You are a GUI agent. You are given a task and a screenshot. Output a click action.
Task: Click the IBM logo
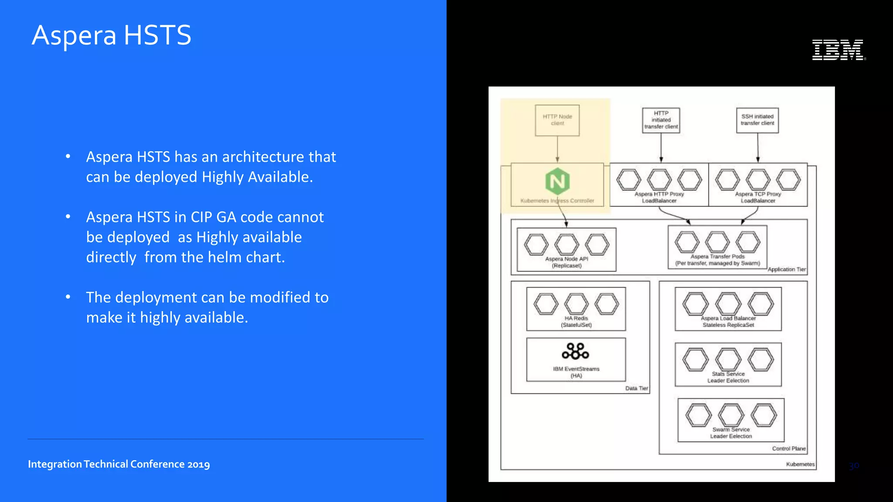point(838,50)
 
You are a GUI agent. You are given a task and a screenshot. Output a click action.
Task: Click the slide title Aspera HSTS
point(112,35)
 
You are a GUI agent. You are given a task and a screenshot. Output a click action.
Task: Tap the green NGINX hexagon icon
point(557,181)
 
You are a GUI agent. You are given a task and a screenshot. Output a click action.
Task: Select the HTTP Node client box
point(557,120)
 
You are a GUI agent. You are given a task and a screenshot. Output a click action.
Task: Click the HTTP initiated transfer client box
point(661,120)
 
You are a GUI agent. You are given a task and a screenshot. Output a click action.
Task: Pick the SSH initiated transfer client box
point(757,120)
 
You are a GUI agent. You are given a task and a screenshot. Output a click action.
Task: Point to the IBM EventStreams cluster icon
point(576,351)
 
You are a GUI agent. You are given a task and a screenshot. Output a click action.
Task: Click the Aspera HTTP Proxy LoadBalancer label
point(659,197)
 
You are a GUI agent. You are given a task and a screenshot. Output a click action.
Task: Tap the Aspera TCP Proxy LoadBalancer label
point(758,197)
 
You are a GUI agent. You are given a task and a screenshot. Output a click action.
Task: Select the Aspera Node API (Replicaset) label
point(566,262)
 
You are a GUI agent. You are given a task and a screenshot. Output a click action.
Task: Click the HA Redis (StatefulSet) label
point(576,322)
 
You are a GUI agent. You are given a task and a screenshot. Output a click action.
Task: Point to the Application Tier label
point(787,269)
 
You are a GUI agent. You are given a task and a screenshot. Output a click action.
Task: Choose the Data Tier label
point(637,388)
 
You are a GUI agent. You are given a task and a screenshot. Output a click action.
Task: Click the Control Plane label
point(789,448)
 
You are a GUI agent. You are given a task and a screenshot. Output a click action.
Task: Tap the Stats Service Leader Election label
point(728,377)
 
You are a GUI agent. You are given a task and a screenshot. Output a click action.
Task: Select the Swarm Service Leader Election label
point(731,433)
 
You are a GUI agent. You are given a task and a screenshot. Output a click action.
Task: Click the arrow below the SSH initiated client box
point(758,148)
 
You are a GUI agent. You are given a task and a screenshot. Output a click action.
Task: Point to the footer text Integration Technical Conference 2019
point(119,464)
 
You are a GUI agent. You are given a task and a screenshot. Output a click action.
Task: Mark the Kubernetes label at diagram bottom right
point(800,464)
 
